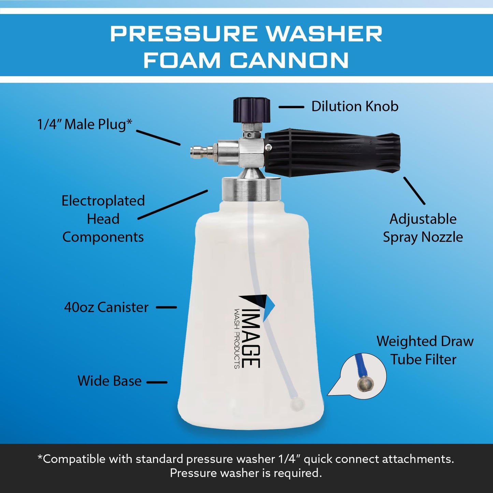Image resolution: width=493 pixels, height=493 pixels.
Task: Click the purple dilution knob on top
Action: (x=252, y=110)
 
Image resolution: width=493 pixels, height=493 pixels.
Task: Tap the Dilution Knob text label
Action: (x=354, y=106)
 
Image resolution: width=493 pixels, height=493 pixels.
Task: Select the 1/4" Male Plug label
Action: (x=84, y=124)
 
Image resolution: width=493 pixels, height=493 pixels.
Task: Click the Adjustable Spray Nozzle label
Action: (x=423, y=228)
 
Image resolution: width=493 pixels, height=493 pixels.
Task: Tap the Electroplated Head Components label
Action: (x=103, y=219)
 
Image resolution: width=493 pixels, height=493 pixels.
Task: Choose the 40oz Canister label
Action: (x=106, y=307)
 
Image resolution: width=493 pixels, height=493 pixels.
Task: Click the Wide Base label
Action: (x=109, y=381)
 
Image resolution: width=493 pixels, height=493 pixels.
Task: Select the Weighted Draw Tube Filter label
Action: (x=425, y=350)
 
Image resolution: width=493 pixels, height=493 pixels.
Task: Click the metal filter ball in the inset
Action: (x=365, y=384)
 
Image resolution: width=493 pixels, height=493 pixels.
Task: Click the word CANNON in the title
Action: (x=289, y=61)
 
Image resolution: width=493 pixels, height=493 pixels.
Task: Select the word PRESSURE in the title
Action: (x=184, y=34)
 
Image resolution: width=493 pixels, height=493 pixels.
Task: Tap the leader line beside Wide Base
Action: (x=157, y=382)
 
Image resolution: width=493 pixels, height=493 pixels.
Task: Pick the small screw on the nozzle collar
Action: (x=269, y=147)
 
